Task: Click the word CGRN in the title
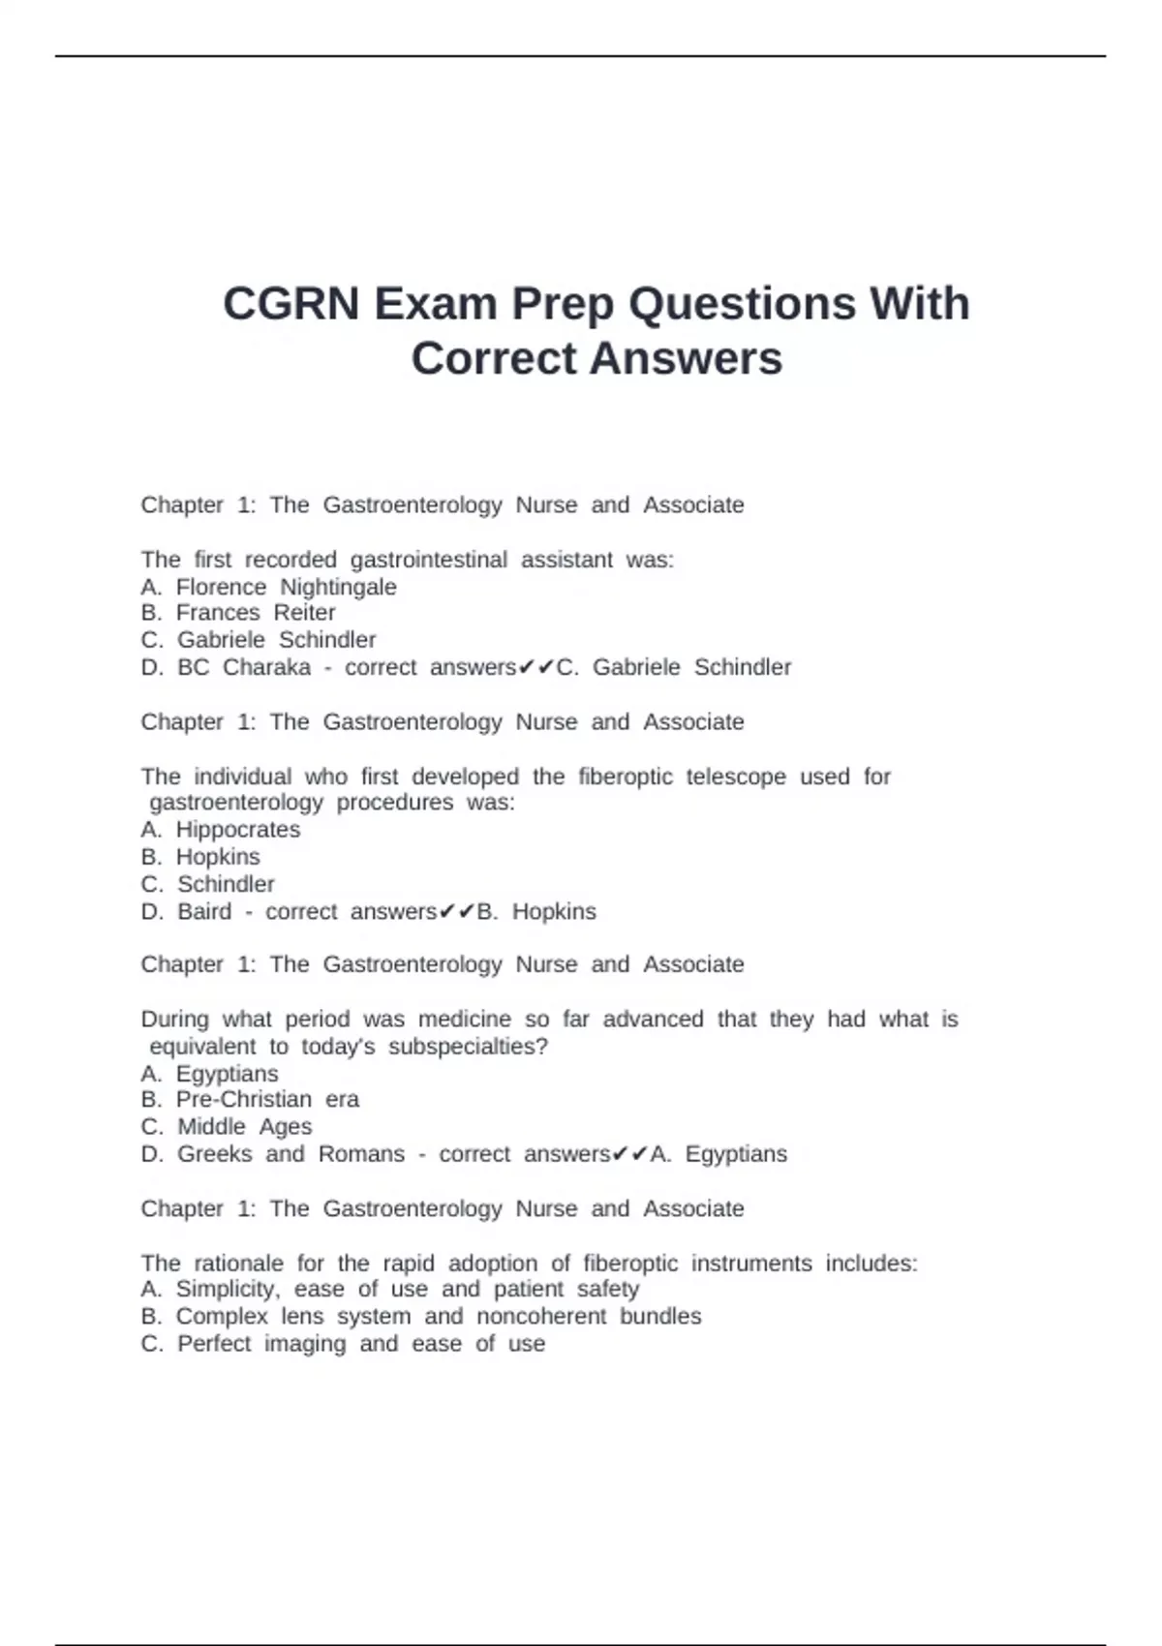[291, 304]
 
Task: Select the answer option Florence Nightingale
[286, 587]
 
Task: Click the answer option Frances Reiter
[256, 613]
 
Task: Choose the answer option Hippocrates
[237, 830]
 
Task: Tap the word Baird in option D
[204, 911]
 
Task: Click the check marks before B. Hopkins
[457, 911]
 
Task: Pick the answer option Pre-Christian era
[266, 1100]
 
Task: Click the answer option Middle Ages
[244, 1127]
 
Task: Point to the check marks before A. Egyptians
[630, 1154]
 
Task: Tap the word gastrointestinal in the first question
[428, 560]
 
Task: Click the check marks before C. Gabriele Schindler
[535, 667]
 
